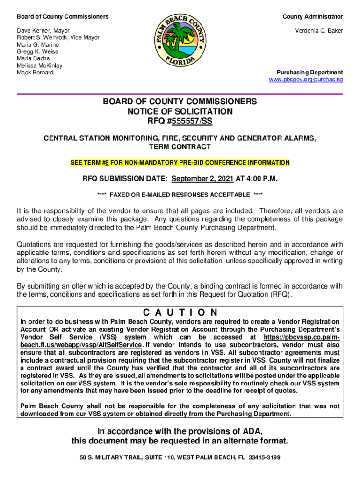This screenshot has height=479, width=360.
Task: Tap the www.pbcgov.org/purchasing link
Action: [x=306, y=80]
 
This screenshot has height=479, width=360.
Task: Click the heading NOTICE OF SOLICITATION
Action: [x=180, y=111]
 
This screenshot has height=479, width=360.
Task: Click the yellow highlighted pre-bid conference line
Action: [x=180, y=163]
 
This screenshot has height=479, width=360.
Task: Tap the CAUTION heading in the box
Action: [x=180, y=312]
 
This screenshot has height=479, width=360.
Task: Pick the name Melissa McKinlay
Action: [x=40, y=66]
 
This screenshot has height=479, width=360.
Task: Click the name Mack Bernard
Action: [x=35, y=73]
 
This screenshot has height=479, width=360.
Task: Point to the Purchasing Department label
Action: [x=310, y=73]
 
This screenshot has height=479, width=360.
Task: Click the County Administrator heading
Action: [x=312, y=17]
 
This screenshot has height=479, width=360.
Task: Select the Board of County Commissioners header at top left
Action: [x=63, y=17]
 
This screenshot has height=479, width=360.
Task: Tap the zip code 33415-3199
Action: [x=264, y=457]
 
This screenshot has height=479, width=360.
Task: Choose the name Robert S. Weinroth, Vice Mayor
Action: [x=58, y=38]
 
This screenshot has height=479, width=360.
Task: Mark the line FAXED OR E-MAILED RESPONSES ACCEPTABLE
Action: [x=180, y=195]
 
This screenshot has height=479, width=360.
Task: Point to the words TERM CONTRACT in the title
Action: [x=180, y=147]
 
